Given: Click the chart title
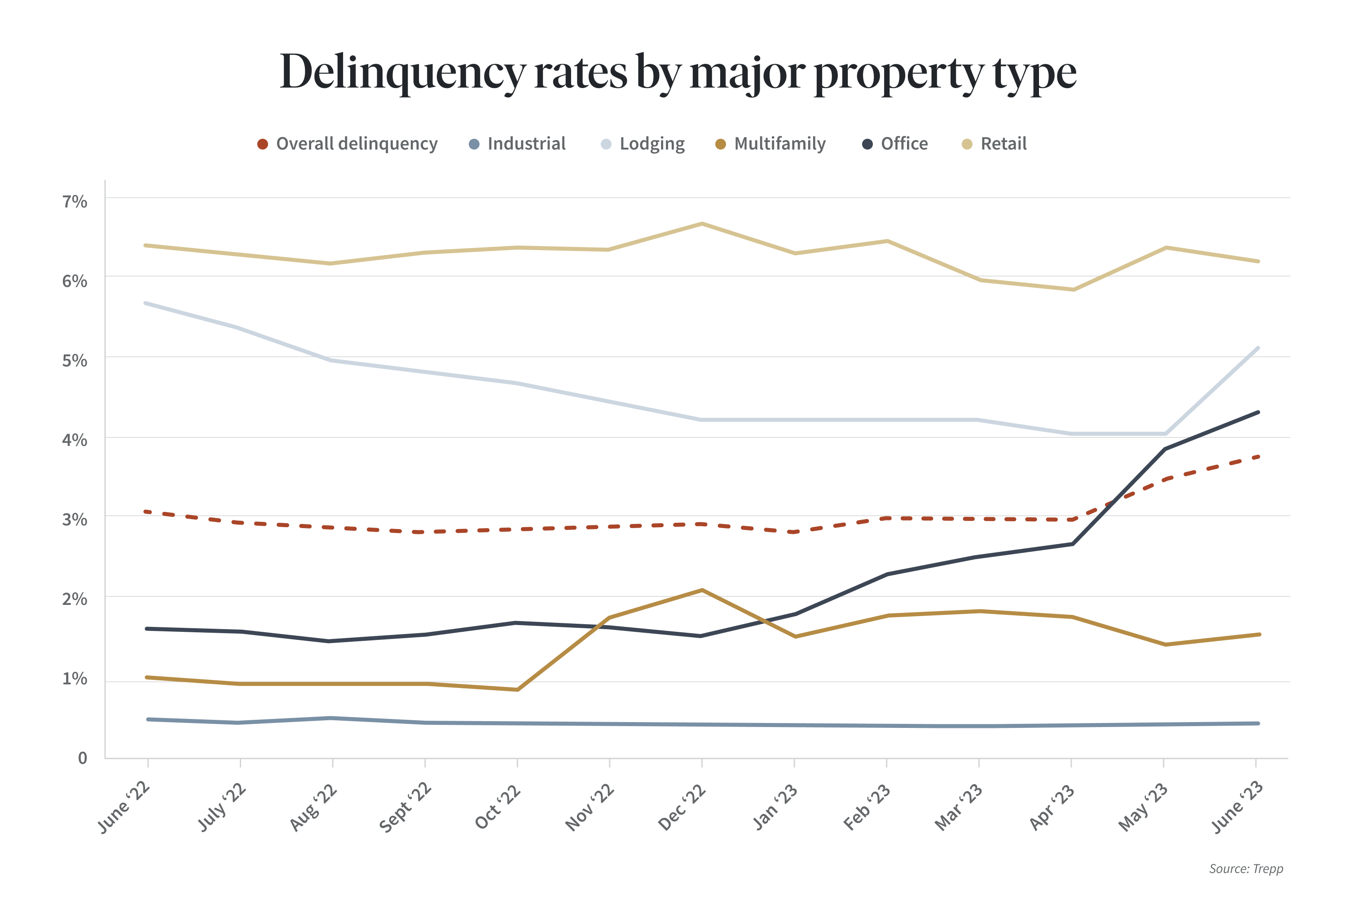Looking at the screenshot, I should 677,73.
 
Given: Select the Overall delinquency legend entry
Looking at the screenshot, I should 348,144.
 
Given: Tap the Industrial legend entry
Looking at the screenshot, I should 517,144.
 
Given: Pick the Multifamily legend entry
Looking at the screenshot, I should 771,144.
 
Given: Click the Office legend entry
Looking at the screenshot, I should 895,144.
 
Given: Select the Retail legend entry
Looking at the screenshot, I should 994,144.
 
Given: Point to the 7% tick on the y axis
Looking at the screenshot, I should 75,202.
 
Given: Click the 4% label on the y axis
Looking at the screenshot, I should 75,440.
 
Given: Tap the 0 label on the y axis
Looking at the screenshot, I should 83,758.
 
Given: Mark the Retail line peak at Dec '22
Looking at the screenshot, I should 702,224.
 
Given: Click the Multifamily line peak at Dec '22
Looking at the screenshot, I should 702,590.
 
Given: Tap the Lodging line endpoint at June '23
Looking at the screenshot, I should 1257,348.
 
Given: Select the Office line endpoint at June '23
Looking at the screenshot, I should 1257,412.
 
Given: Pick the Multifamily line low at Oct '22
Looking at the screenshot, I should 517,689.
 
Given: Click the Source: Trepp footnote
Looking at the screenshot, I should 1246,868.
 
